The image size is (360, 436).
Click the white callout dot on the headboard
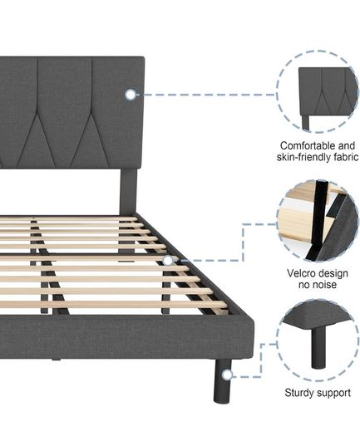pyautogui.click(x=131, y=95)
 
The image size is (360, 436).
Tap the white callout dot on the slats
pyautogui.click(x=168, y=261)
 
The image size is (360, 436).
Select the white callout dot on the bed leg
pyautogui.click(x=228, y=375)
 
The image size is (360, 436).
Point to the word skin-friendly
pyautogui.click(x=303, y=157)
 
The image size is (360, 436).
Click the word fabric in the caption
pyautogui.click(x=346, y=157)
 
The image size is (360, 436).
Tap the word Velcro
pyautogui.click(x=301, y=273)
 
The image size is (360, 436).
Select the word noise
pyautogui.click(x=324, y=285)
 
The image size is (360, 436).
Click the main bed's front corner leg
pyautogui.click(x=222, y=380)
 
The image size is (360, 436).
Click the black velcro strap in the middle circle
pyautogui.click(x=318, y=220)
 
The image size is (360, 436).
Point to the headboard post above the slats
pyautogui.click(x=128, y=192)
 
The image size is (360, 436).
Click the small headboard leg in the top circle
pyautogui.click(x=305, y=122)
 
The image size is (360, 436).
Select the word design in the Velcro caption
pyautogui.click(x=333, y=273)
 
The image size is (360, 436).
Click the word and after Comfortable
pyautogui.click(x=347, y=145)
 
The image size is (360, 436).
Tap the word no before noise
pyautogui.click(x=304, y=285)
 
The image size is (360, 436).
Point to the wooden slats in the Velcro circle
pyautogui.click(x=296, y=220)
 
